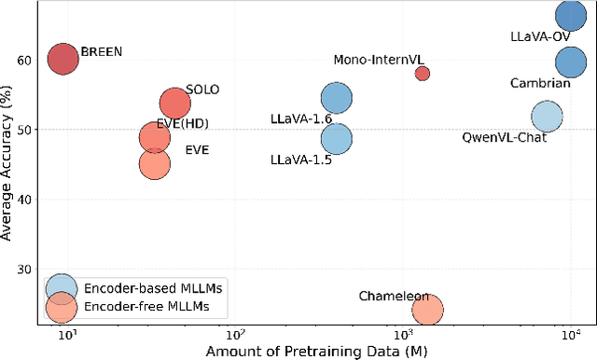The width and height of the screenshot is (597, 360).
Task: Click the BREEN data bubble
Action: pyautogui.click(x=63, y=59)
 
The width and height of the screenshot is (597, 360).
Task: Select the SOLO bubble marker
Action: pyautogui.click(x=174, y=104)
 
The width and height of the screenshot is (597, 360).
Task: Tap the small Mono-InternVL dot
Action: pyautogui.click(x=423, y=73)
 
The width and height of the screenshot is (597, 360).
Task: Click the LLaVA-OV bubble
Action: pyautogui.click(x=571, y=15)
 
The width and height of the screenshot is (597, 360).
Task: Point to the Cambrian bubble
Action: pyautogui.click(x=571, y=62)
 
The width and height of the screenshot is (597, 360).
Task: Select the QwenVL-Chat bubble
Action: pyautogui.click(x=547, y=117)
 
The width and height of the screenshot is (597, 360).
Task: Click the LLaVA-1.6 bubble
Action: pyautogui.click(x=337, y=98)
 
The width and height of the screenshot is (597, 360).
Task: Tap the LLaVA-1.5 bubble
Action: pyautogui.click(x=337, y=139)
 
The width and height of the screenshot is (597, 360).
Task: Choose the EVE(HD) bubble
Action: pyautogui.click(x=155, y=138)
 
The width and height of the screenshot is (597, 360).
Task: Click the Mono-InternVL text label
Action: pyautogui.click(x=378, y=59)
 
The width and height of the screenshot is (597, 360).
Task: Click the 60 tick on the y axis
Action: pyautogui.click(x=23, y=59)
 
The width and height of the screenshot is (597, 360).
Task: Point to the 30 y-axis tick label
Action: pyautogui.click(x=23, y=270)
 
